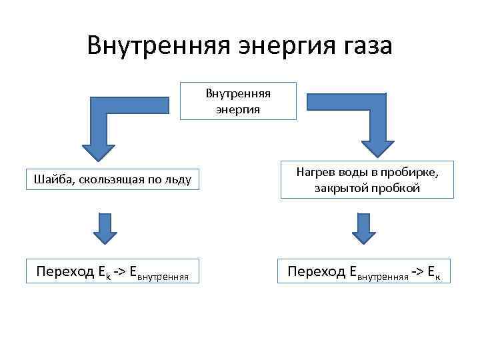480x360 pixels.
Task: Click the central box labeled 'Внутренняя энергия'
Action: pos(238,101)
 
